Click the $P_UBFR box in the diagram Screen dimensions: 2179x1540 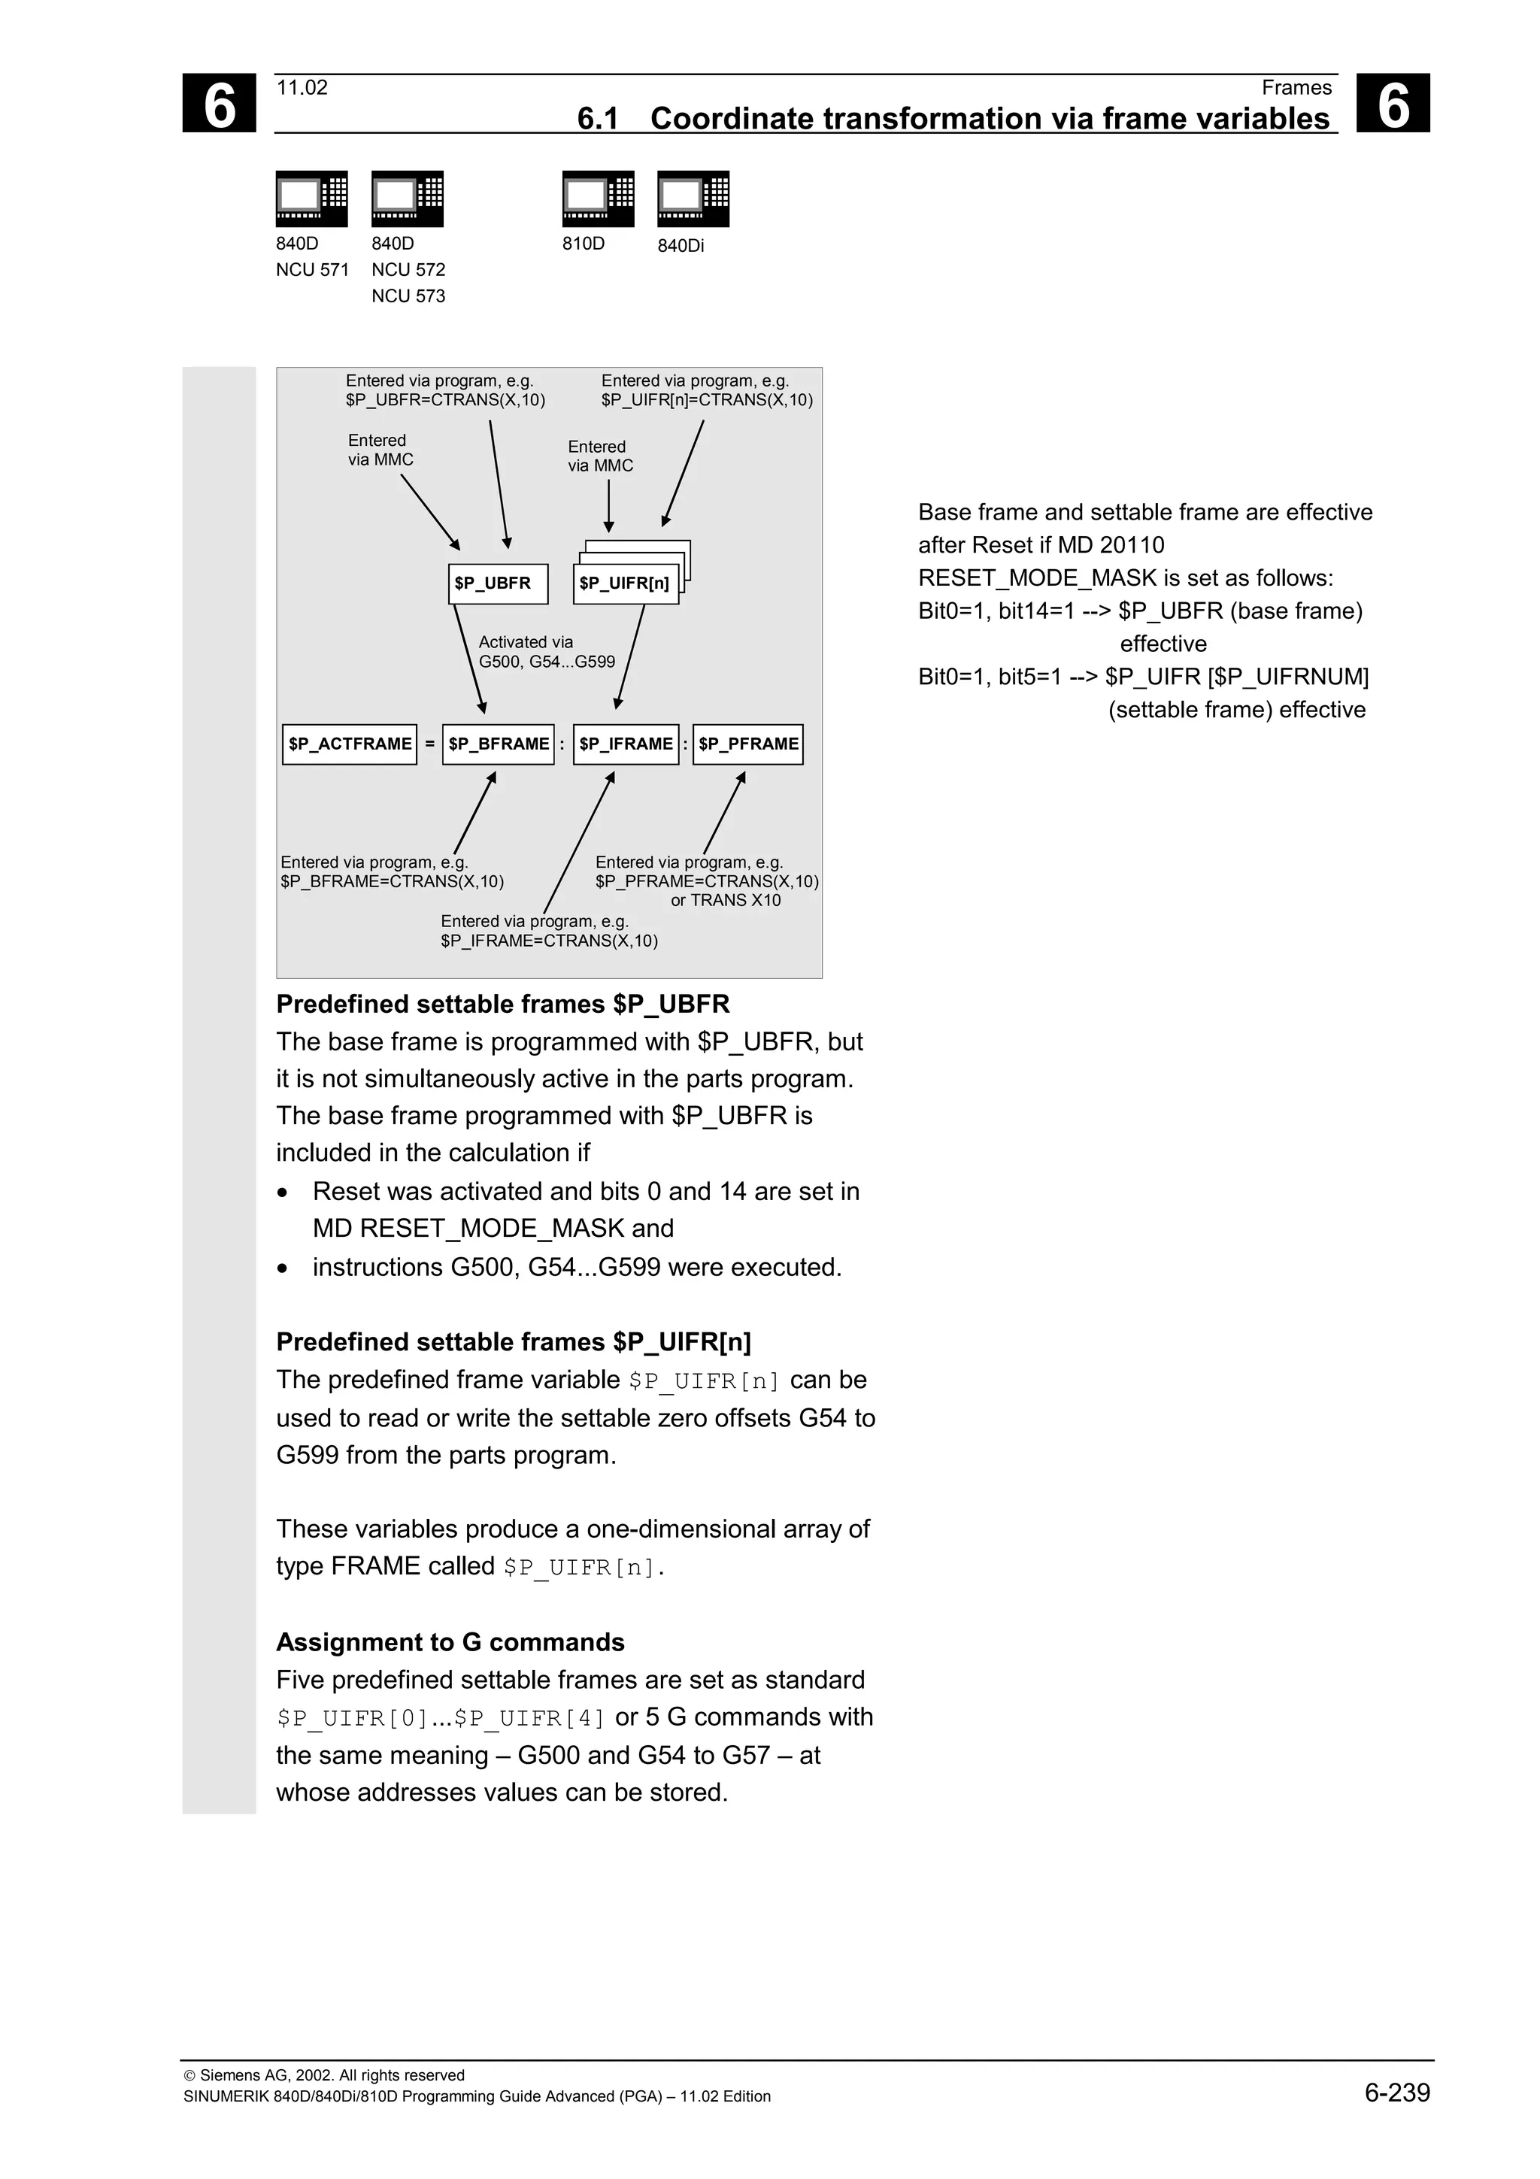497,583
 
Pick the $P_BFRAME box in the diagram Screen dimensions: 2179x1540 498,744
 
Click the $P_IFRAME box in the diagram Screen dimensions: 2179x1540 626,744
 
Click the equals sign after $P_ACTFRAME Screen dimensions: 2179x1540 430,744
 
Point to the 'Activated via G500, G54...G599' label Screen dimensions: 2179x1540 546,652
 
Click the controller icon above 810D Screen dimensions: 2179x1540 598,199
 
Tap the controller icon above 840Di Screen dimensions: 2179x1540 693,199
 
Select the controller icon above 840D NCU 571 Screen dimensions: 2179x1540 311,199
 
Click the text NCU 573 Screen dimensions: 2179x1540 408,296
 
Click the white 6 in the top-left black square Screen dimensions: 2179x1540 219,104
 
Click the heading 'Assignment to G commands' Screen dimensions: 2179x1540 450,1642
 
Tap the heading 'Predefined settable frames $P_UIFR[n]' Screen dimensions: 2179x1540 514,1342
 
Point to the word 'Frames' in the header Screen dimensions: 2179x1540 1296,87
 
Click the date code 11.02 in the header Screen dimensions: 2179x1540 302,87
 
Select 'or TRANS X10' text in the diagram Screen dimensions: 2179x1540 725,901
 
